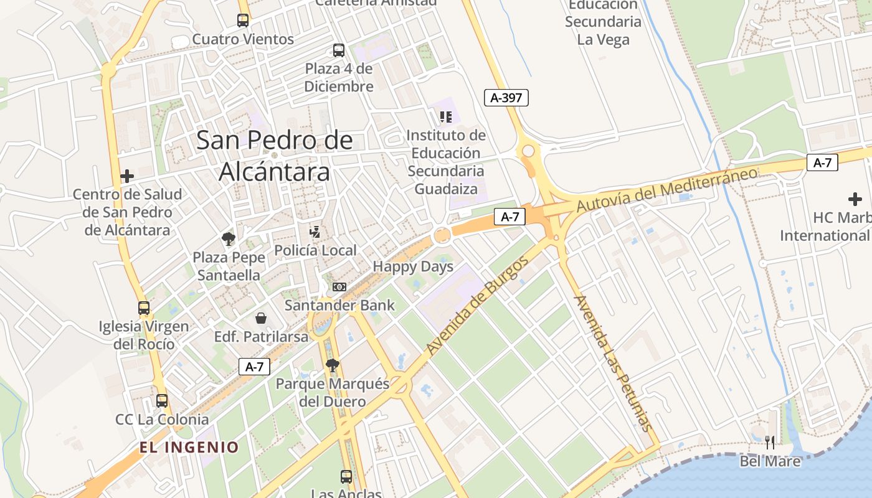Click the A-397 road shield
[506, 97]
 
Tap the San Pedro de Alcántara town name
[274, 156]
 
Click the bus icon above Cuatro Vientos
[243, 21]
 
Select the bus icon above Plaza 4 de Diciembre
[339, 50]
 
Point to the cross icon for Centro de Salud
[127, 176]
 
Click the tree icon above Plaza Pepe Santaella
[229, 238]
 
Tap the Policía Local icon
[315, 233]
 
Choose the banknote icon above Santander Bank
[339, 287]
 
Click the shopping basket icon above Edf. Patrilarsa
[261, 319]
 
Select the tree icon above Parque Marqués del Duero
[333, 365]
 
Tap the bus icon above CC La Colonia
[162, 401]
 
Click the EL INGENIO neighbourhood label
[189, 447]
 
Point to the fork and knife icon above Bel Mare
[770, 443]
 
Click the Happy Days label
[413, 267]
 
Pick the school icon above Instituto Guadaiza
[445, 117]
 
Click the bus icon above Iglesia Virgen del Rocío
[144, 308]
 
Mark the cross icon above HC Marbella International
[855, 199]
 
